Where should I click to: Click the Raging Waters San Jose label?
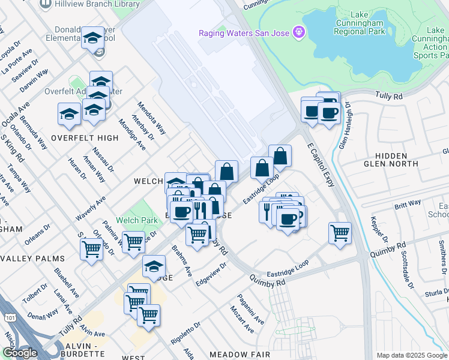click(x=244, y=32)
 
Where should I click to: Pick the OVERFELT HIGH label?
click(x=85, y=138)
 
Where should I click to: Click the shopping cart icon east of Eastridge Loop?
click(x=340, y=233)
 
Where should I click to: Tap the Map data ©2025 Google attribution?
click(x=411, y=355)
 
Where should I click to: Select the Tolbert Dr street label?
click(x=34, y=290)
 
